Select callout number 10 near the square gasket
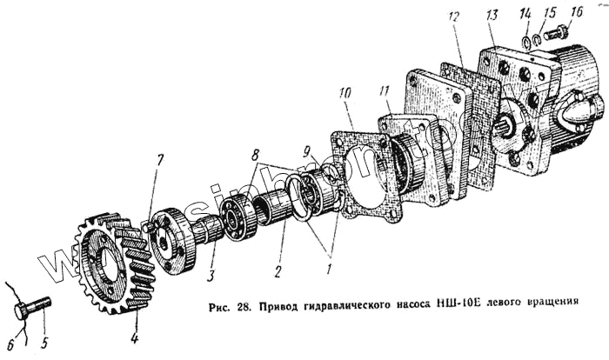(346, 91)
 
